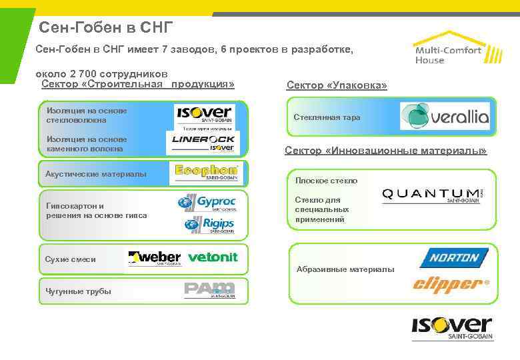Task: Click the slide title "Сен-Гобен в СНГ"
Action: coord(106,27)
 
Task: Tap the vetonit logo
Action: coord(213,257)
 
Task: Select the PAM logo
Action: coord(209,289)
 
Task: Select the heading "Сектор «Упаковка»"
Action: coord(337,85)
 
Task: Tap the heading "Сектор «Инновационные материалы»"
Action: coord(386,151)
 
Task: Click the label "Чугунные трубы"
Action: coord(78,291)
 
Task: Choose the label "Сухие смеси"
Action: coord(70,259)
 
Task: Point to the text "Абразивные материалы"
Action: coord(345,269)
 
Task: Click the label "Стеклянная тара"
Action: coord(327,117)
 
